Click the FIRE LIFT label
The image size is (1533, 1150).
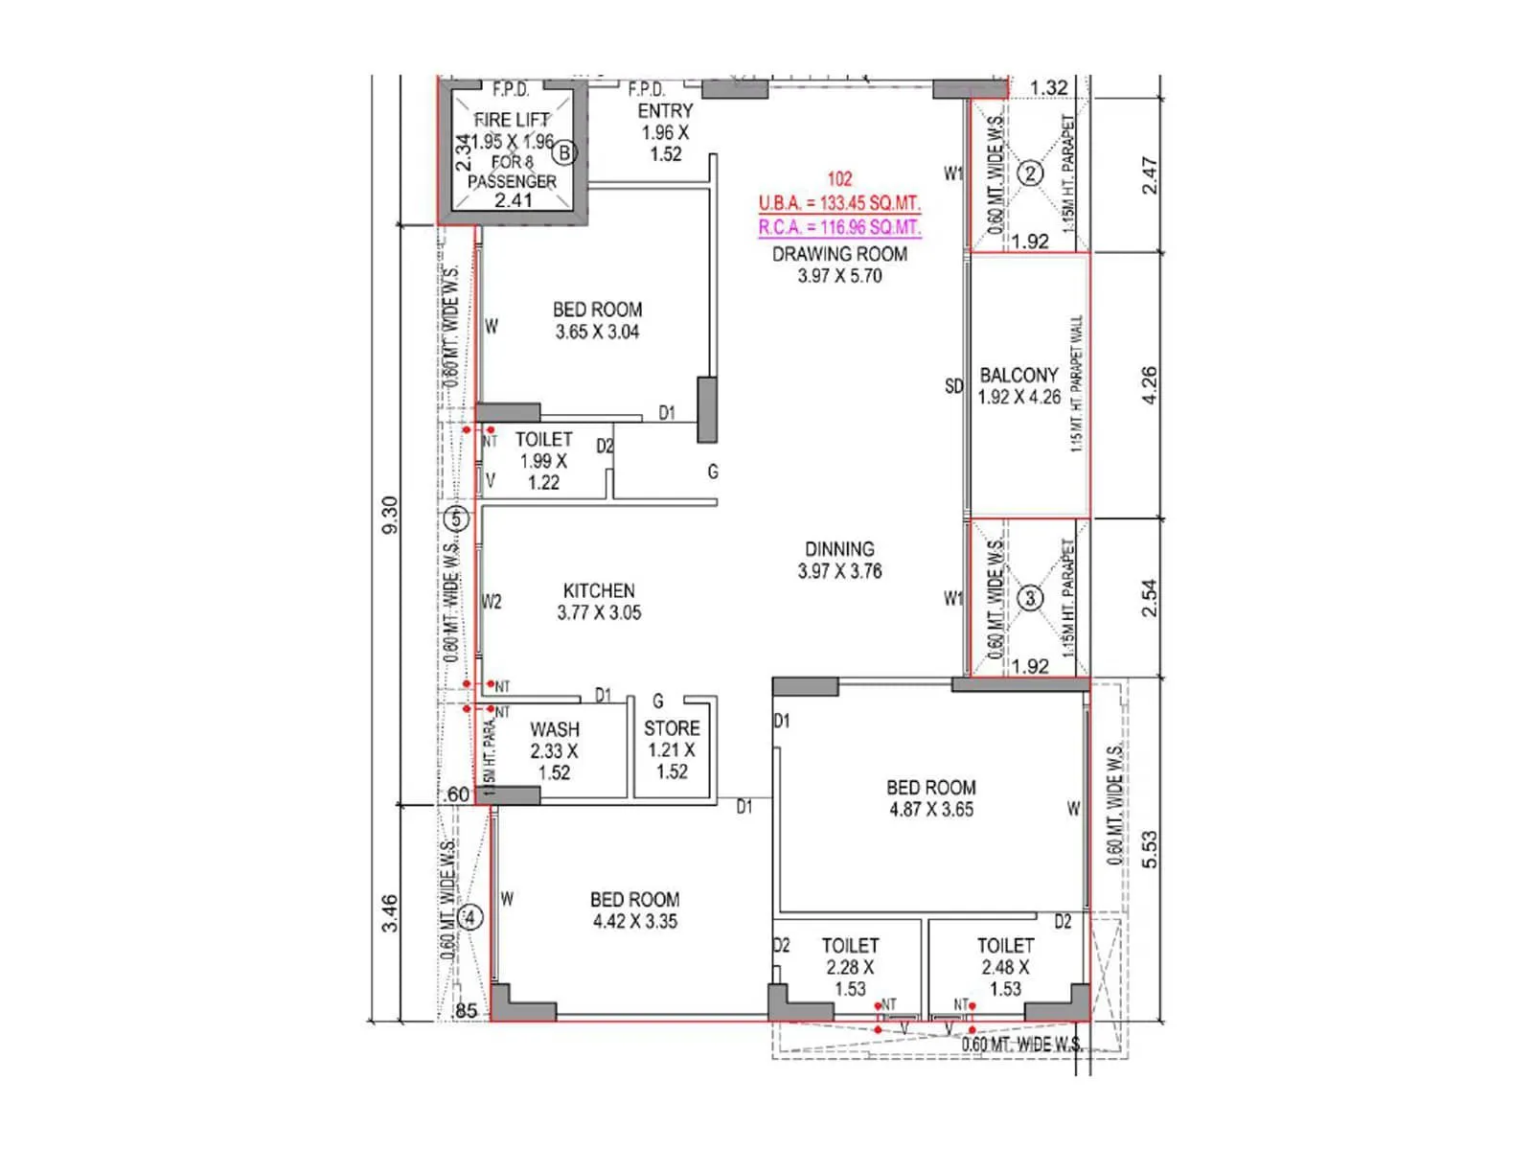coord(512,121)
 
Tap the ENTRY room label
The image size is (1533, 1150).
coord(665,112)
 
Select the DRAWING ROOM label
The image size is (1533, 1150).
coord(839,255)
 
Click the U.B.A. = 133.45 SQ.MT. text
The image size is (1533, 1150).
coord(839,204)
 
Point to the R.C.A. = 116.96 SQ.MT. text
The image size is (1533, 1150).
coord(839,228)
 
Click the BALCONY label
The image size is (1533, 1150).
coord(1018,376)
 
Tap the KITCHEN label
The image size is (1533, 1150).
coord(599,591)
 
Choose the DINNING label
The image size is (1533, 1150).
coord(839,550)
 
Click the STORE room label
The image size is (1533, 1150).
coord(672,729)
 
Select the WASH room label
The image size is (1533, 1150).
coord(555,730)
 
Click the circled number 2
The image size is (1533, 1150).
coord(1030,173)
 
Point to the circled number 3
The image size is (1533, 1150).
coord(1030,599)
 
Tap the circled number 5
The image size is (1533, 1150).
coord(456,520)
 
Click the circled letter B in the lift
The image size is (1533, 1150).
coord(565,152)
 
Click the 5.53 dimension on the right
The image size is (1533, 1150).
coord(1150,849)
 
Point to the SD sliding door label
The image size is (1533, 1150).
coord(953,386)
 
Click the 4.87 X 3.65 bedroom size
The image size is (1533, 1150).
coord(931,810)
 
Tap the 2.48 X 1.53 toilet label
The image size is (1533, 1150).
coord(1005,968)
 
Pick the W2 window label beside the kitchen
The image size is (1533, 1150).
coord(492,602)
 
